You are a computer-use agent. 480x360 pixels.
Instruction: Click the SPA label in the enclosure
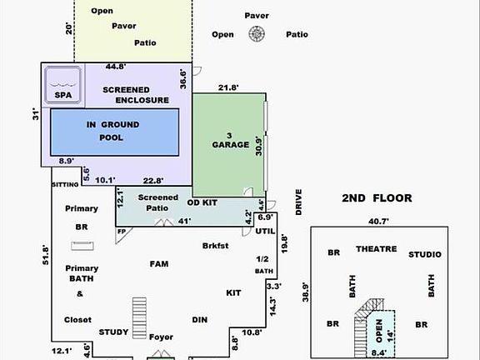pyautogui.click(x=63, y=96)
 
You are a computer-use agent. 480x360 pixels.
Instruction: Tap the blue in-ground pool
pyautogui.click(x=114, y=131)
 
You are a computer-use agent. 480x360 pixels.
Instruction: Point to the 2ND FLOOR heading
pyautogui.click(x=377, y=198)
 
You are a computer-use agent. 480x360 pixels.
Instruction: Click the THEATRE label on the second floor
pyautogui.click(x=376, y=249)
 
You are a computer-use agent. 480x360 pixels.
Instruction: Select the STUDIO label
pyautogui.click(x=424, y=254)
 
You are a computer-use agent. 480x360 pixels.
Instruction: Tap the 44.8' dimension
pyautogui.click(x=116, y=67)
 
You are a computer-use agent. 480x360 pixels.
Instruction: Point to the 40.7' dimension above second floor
pyautogui.click(x=378, y=222)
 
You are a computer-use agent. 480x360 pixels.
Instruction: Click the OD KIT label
pyautogui.click(x=203, y=202)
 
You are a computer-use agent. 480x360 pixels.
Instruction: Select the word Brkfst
pyautogui.click(x=215, y=246)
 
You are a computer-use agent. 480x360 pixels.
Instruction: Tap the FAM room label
pyautogui.click(x=158, y=264)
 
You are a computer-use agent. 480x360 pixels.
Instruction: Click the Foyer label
pyautogui.click(x=161, y=337)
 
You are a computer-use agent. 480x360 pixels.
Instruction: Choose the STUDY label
pyautogui.click(x=113, y=332)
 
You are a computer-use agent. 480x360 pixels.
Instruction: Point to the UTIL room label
pyautogui.click(x=265, y=230)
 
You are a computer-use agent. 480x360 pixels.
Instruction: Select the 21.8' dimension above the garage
pyautogui.click(x=228, y=87)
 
